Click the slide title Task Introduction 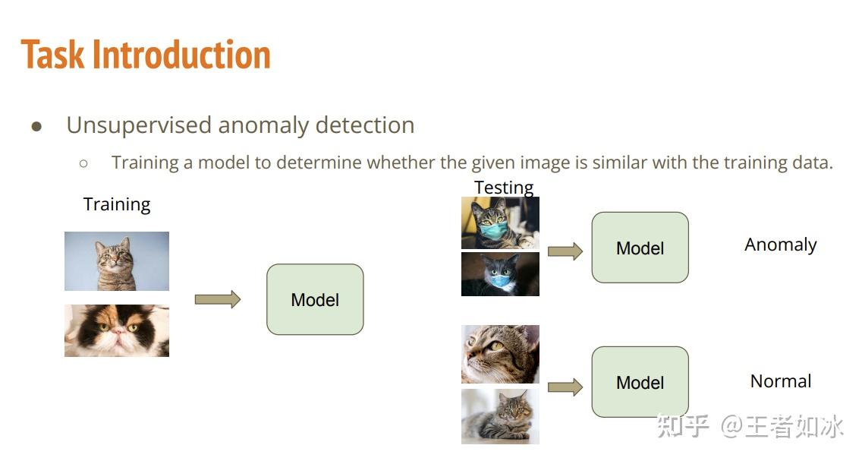[x=146, y=55]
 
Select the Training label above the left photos [x=117, y=204]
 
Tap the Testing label [x=504, y=187]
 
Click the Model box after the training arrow [x=315, y=299]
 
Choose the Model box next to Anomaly [x=640, y=248]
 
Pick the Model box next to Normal [x=640, y=382]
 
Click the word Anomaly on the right [x=780, y=245]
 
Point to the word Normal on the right [x=780, y=381]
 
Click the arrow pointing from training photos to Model [x=218, y=299]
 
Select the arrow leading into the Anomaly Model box [x=565, y=251]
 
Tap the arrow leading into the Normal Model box [x=565, y=387]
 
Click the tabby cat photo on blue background [x=117, y=261]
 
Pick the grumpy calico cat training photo [x=117, y=330]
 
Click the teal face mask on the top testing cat [x=494, y=229]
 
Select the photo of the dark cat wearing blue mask [x=500, y=274]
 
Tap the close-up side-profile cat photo [x=500, y=354]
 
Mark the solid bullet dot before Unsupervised [x=36, y=127]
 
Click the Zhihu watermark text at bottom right [x=750, y=426]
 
